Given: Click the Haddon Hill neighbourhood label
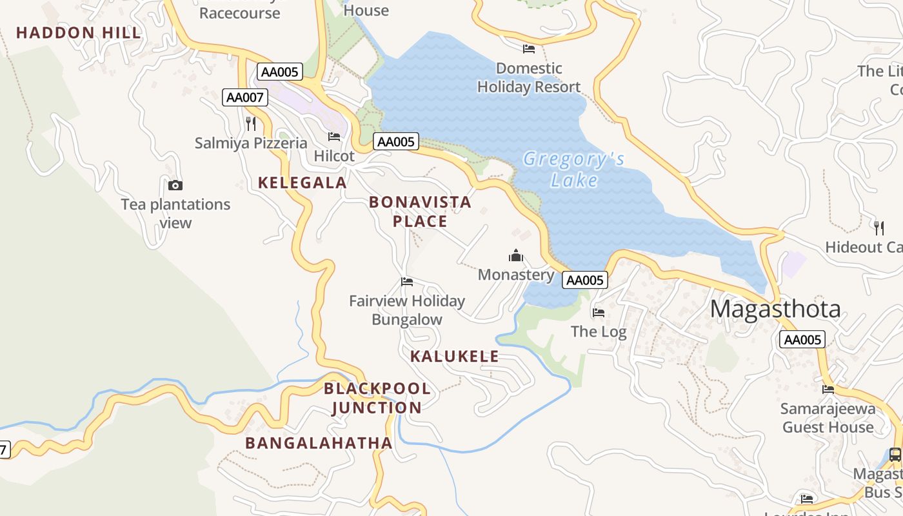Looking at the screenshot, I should [78, 33].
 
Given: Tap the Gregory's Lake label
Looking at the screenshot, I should [573, 169].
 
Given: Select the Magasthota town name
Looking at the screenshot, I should [775, 310].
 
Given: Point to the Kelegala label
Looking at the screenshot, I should [303, 183].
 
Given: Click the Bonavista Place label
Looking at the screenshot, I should [420, 212].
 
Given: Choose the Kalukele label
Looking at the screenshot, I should [454, 356].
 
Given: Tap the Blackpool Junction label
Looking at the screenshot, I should [377, 398].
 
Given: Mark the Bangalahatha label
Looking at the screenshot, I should [319, 443].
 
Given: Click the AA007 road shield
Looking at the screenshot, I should [245, 97].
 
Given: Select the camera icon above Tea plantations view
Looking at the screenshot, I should [175, 186].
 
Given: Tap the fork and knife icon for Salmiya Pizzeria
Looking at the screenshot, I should [251, 124].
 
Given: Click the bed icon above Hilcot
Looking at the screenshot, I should [334, 137].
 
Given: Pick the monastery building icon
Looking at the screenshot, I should [515, 256].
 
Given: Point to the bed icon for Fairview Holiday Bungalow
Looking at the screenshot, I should [407, 282].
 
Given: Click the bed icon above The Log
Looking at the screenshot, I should [599, 313].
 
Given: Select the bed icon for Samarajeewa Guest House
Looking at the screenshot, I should [828, 389].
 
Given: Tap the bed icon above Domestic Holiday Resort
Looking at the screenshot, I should [529, 49].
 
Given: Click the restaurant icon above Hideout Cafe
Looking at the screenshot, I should [878, 228].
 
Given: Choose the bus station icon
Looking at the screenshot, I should [895, 454].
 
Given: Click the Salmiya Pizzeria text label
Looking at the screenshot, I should [251, 143].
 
